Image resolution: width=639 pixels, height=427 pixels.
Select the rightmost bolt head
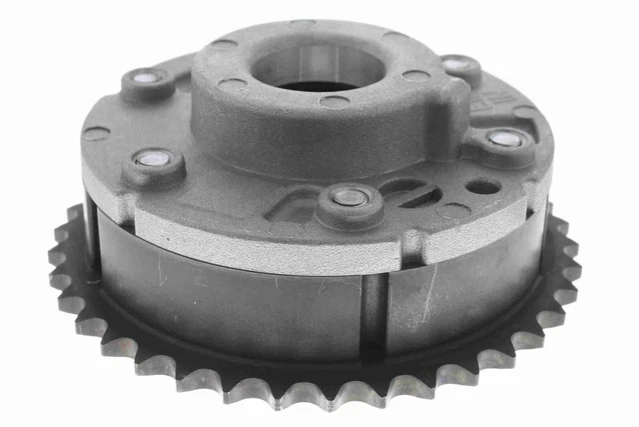(505, 140)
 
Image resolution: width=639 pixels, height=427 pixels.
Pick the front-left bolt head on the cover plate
(155, 160)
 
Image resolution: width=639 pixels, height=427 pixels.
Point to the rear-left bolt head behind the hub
(146, 78)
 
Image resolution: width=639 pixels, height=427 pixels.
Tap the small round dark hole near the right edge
(483, 187)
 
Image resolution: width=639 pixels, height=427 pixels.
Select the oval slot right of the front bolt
(411, 191)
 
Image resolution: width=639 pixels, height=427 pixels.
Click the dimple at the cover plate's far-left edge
(95, 132)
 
